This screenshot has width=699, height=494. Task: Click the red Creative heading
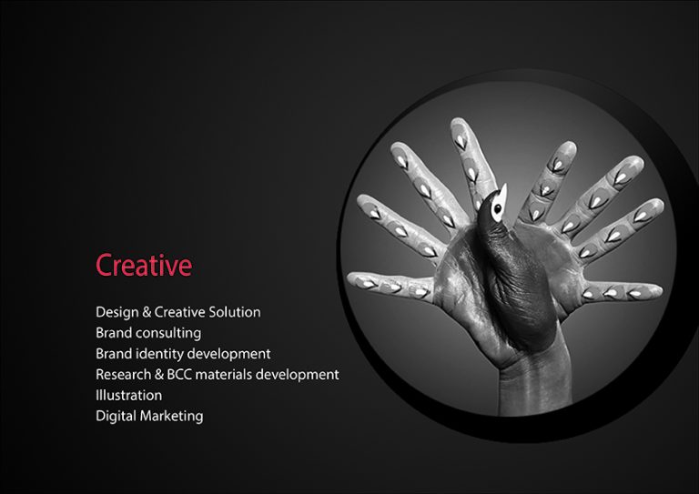coord(144,265)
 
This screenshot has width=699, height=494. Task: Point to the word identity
coord(159,354)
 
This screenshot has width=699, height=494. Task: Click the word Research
coord(124,375)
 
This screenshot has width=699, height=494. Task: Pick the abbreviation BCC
coord(179,375)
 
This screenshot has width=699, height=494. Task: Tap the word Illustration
coord(129,395)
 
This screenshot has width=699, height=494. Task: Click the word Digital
coord(116,417)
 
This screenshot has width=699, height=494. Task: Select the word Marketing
coord(172,417)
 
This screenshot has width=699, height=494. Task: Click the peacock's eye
coord(498,207)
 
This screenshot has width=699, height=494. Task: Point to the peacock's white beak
coord(502,193)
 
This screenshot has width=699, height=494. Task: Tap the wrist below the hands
coord(535,383)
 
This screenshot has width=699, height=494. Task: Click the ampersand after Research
coord(159,375)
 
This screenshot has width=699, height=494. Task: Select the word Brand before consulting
coord(114,333)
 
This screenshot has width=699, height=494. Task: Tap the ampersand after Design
coord(147,312)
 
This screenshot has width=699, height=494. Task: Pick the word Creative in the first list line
coord(179,312)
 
